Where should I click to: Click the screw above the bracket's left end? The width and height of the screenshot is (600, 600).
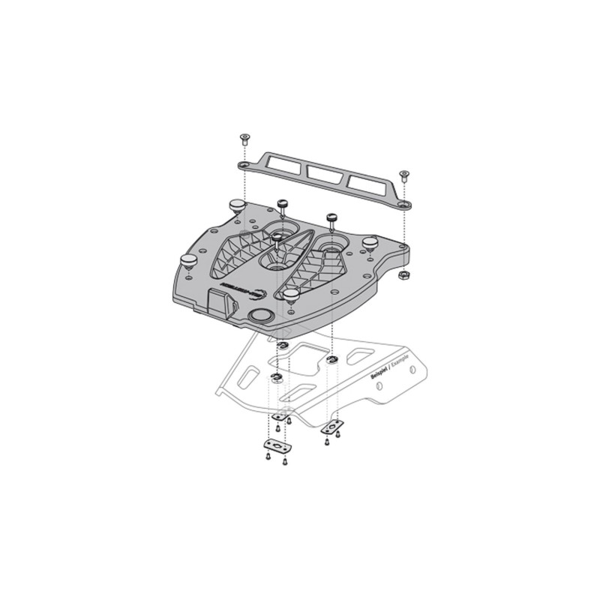(x=244, y=138)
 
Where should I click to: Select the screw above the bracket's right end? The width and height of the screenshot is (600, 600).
(x=404, y=175)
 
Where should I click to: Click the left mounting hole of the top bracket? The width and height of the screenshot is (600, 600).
(x=245, y=164)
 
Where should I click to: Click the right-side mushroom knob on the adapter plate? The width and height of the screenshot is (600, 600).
(x=369, y=244)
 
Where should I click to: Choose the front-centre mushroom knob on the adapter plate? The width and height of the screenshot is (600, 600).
(x=289, y=295)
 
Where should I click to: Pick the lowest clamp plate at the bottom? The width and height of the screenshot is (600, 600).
(x=277, y=446)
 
